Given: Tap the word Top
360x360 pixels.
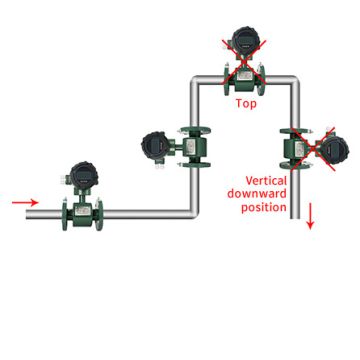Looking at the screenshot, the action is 246,103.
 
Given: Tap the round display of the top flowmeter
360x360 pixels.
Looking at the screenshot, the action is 244,41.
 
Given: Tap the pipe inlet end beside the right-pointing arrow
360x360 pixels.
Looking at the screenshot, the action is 30,213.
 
